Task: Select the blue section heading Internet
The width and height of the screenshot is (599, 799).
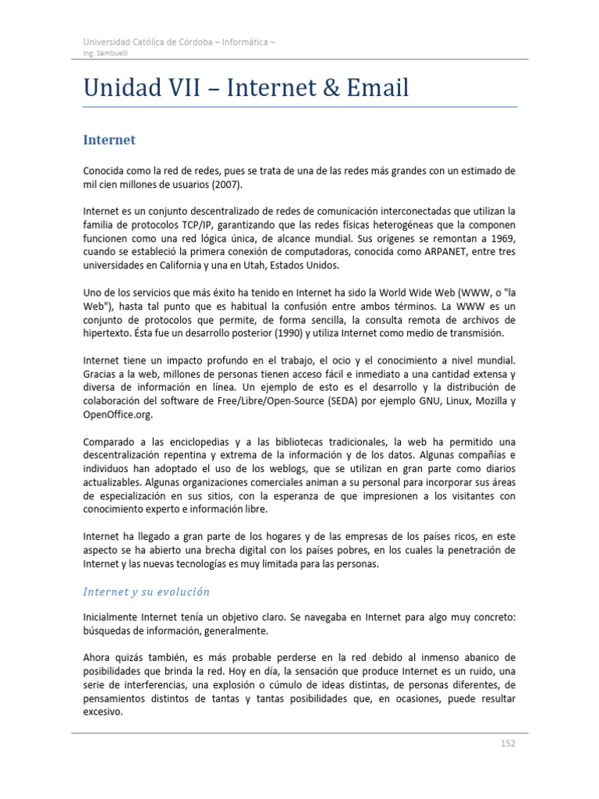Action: point(109,140)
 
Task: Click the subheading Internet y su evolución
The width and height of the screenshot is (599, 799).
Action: point(146,591)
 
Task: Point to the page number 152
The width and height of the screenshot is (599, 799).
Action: point(508,744)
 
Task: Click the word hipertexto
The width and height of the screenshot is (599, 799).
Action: point(108,333)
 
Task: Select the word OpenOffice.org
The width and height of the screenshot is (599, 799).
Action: point(114,414)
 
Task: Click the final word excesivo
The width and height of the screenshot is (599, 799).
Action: point(102,712)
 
